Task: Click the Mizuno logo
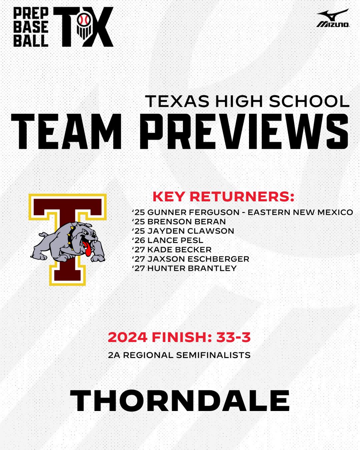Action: (333, 19)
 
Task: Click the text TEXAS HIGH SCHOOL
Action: (247, 100)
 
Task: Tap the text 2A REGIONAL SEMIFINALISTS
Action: (179, 355)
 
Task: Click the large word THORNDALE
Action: (180, 401)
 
